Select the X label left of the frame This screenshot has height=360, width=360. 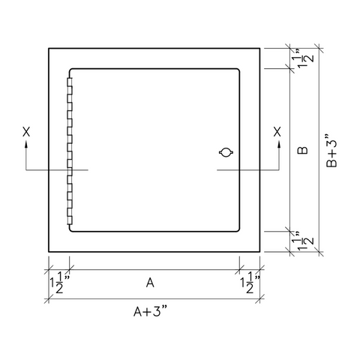pyautogui.click(x=26, y=131)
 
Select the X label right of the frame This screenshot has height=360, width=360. pyautogui.click(x=278, y=131)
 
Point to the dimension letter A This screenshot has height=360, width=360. pyautogui.click(x=150, y=283)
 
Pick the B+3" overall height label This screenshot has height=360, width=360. pyautogui.click(x=333, y=152)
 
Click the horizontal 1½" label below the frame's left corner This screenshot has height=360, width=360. pyautogui.click(x=58, y=284)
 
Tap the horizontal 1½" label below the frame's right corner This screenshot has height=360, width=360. pyautogui.click(x=250, y=284)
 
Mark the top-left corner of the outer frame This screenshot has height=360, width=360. pyautogui.click(x=49, y=48)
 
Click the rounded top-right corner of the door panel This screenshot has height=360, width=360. pyautogui.click(x=238, y=71)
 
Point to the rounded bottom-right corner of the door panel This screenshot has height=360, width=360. pyautogui.click(x=238, y=229)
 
